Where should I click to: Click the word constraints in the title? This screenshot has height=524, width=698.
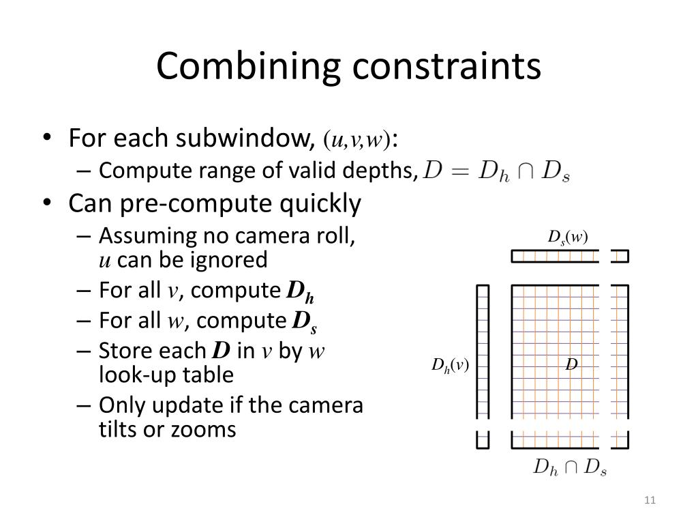(445, 67)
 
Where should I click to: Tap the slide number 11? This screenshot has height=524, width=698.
(649, 501)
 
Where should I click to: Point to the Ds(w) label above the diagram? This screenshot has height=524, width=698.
(567, 237)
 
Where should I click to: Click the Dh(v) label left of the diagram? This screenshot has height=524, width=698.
(450, 366)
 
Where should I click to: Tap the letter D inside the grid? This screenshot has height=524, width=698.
(571, 366)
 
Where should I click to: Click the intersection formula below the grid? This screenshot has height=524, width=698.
(569, 468)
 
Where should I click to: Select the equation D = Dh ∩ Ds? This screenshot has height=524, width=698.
(496, 171)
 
